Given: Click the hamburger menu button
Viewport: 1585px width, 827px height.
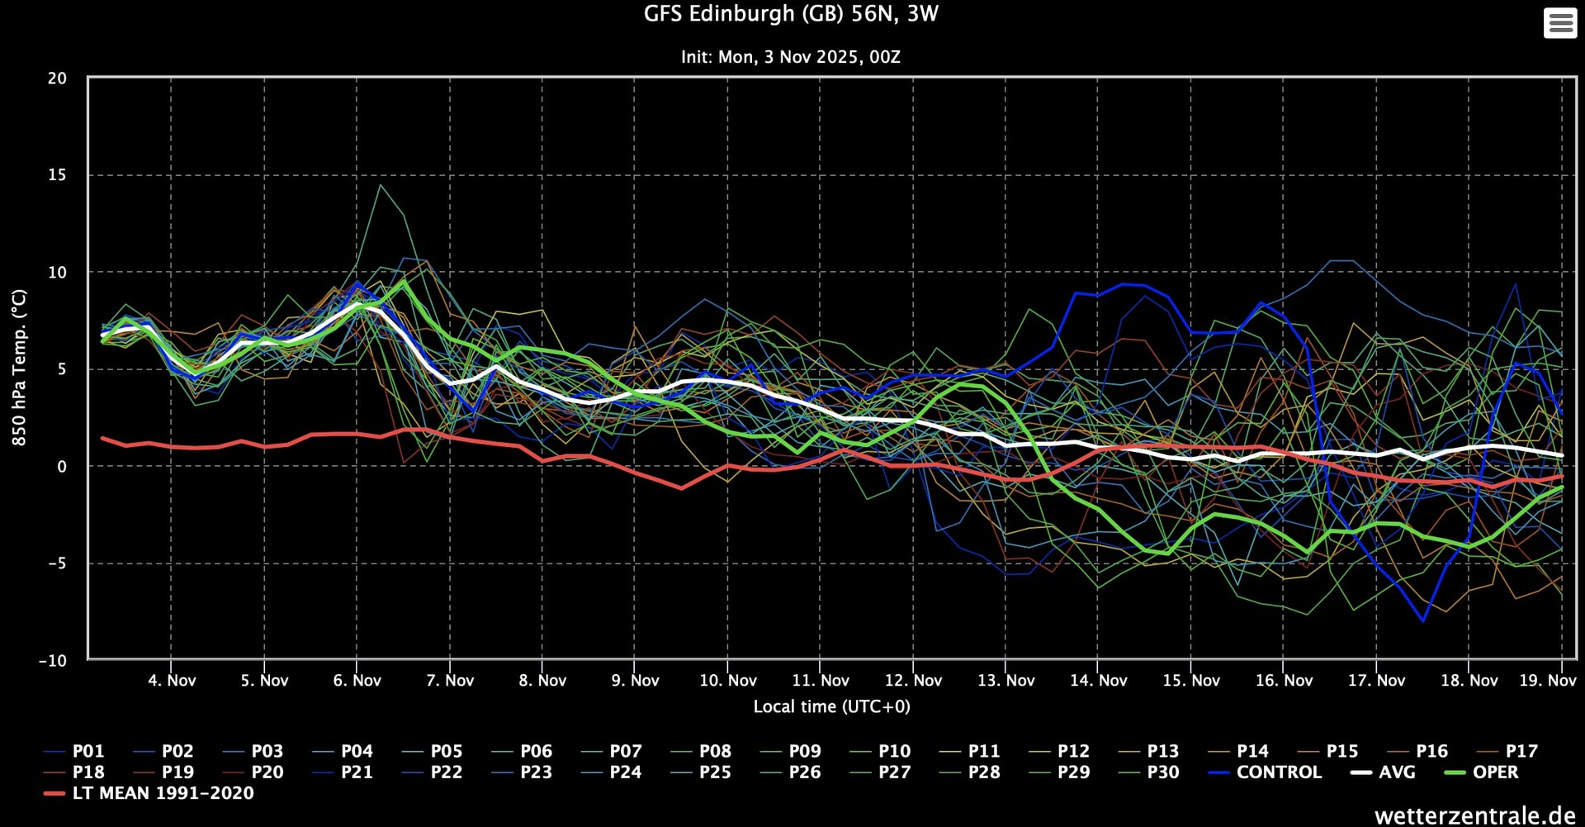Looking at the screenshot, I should [1559, 23].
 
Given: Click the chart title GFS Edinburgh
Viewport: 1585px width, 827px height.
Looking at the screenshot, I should [790, 14].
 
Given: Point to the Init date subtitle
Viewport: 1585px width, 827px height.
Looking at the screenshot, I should [790, 57].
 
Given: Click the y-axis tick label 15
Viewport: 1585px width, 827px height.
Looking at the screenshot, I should [57, 175].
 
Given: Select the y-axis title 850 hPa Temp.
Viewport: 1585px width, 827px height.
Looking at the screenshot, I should [19, 368].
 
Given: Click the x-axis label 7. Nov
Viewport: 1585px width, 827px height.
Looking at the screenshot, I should [450, 681].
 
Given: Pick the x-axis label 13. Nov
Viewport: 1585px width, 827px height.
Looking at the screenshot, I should [1005, 681].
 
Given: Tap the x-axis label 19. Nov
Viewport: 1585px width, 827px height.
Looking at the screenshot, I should [1547, 681].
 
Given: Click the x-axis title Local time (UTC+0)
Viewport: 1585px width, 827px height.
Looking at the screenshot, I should [831, 707].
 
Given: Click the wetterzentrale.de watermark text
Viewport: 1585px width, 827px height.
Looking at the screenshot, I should [1474, 815].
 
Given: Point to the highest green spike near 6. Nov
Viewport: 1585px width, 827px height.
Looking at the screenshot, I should [380, 185].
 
